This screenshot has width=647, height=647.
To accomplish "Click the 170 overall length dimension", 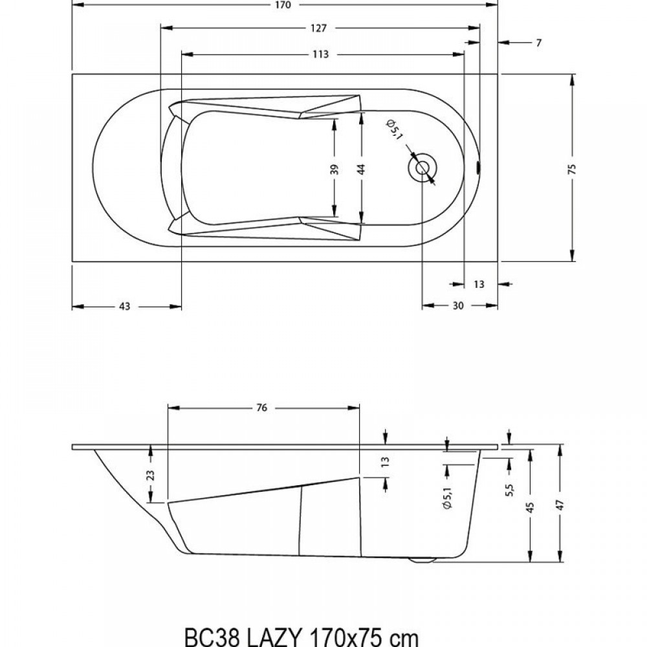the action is [x=284, y=5].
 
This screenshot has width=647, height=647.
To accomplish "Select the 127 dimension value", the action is [x=318, y=28].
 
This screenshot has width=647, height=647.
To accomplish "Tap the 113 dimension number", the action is [x=320, y=54].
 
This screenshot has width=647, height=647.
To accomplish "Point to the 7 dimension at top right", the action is [x=538, y=43].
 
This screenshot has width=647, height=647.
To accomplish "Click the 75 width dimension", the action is [x=573, y=169].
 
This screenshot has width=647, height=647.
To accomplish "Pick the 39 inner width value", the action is [x=334, y=169].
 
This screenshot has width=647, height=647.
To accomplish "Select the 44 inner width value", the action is [x=362, y=169].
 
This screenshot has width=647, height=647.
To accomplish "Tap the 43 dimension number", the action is [x=124, y=307].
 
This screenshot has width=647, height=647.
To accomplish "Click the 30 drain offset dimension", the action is [x=458, y=306].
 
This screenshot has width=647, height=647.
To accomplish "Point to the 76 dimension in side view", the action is [x=261, y=408].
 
